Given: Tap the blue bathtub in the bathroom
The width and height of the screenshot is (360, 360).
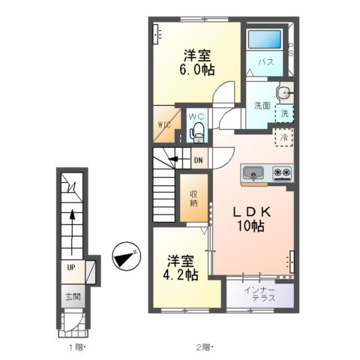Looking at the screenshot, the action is [x=265, y=39].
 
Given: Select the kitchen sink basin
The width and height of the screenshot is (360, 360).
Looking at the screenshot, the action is [x=253, y=172].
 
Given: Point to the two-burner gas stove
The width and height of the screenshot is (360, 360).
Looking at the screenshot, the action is [x=283, y=172].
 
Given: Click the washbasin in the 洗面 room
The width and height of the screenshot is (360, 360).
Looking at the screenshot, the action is [x=284, y=94].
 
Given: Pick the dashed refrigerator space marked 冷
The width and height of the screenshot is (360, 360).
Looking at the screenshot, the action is [x=283, y=137].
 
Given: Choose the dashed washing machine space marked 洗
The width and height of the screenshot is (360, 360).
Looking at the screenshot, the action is [x=284, y=114].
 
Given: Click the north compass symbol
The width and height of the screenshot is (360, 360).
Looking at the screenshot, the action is [x=126, y=256].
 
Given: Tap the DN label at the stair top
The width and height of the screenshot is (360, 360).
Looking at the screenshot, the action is [x=199, y=160].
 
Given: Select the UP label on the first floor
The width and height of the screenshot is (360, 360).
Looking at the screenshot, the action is [x=71, y=268].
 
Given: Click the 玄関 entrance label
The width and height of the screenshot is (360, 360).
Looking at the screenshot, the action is [x=73, y=297].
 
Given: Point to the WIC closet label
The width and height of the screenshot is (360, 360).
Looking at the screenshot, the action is [x=164, y=124].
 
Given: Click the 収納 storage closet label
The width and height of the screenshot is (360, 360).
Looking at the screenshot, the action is [x=193, y=199].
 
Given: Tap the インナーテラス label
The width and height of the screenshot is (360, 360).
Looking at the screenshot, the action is [x=260, y=294].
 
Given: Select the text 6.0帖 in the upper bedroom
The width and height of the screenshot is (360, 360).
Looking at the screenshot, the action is [x=197, y=70].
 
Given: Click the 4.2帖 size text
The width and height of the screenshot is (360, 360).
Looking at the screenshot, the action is [x=181, y=275].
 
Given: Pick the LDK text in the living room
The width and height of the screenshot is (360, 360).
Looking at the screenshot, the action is [x=252, y=212].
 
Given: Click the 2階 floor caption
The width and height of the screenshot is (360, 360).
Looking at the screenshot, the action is [x=205, y=347].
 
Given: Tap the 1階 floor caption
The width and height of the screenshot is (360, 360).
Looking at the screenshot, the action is [x=78, y=347].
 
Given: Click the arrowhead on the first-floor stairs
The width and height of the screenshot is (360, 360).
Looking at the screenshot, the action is [x=72, y=214].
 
